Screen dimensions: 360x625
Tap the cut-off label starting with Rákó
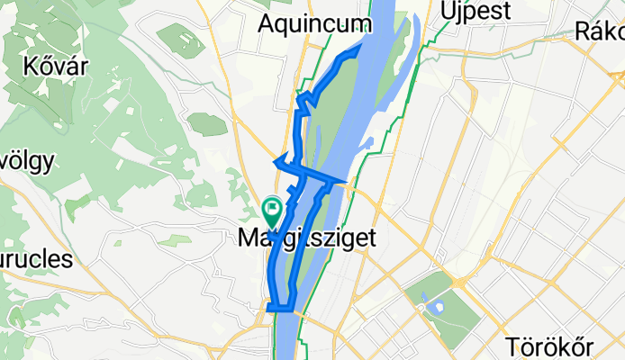click(600, 31)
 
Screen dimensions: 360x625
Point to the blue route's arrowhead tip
click(274, 162)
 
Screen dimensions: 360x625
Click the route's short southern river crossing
click(282, 307)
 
